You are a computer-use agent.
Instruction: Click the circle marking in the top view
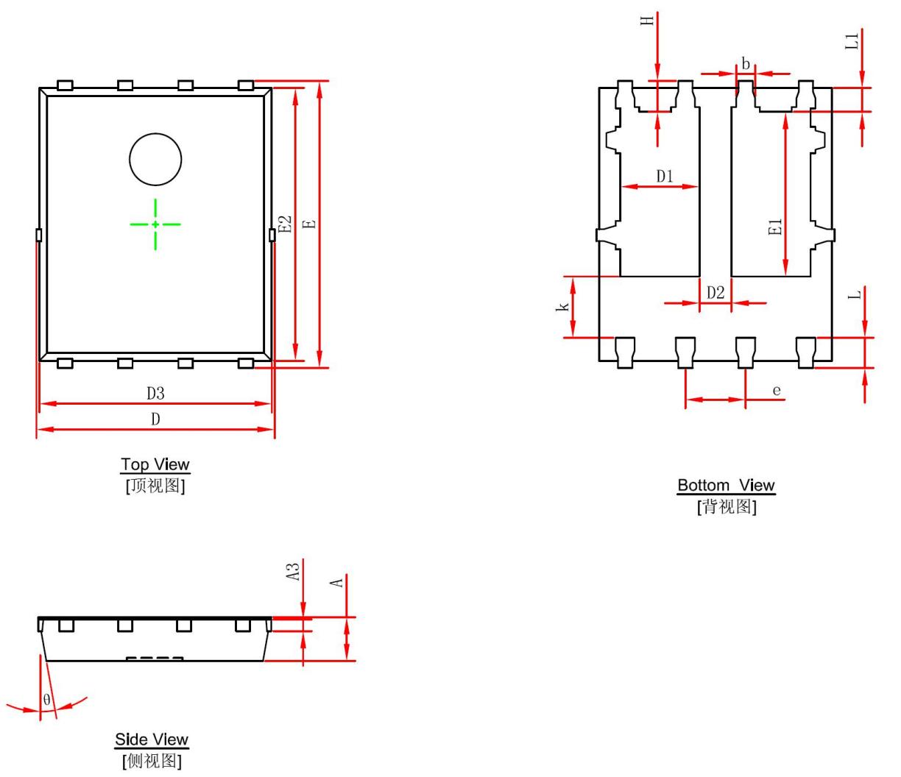[155, 134]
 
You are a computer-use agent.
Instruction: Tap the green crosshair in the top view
[155, 224]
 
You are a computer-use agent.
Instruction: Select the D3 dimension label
[155, 394]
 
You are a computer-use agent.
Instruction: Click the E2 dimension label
[285, 224]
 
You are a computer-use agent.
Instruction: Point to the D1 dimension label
[665, 177]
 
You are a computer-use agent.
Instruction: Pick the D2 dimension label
[715, 293]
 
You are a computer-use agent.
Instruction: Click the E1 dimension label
[775, 227]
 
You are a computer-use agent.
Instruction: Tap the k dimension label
[562, 307]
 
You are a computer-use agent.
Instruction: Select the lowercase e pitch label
[777, 391]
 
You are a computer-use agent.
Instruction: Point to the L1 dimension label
[852, 41]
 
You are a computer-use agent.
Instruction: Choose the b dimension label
[746, 64]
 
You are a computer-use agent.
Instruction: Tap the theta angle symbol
[46, 700]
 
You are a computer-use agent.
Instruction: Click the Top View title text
[155, 464]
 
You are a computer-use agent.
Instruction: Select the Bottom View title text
[727, 486]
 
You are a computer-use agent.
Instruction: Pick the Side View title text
[152, 740]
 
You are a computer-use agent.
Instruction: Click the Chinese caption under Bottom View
[727, 507]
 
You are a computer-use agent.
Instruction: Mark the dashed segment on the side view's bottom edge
[155, 659]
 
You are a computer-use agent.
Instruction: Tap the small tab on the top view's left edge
[39, 235]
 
